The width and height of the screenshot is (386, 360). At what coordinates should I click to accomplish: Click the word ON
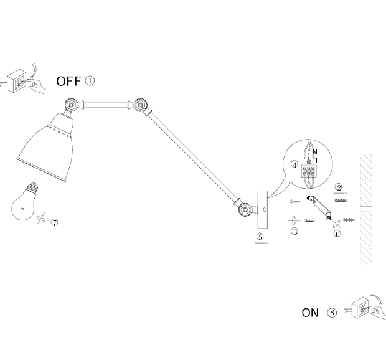coord(310,313)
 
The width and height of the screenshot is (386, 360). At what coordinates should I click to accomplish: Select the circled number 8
coord(331,313)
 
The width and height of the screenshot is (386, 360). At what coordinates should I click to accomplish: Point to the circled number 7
coord(55,222)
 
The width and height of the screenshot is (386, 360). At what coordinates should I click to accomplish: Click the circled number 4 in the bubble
coord(294,164)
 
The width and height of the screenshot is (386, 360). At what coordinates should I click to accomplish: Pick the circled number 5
coord(260,237)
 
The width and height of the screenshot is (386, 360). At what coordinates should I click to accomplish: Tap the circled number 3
coord(294,231)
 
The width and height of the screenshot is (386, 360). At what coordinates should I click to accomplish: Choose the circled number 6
coord(337,234)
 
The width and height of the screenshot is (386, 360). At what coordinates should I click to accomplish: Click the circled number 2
coord(338,186)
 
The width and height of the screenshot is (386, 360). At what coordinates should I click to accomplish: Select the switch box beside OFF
coord(17,81)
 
